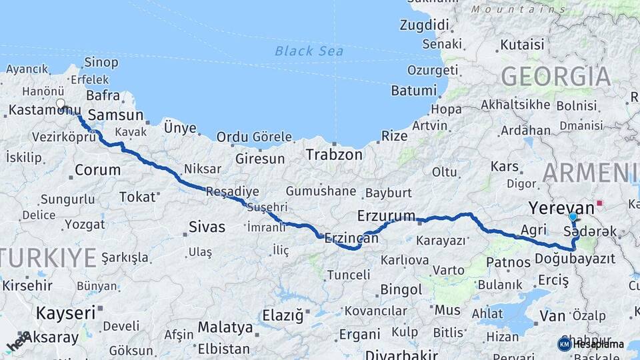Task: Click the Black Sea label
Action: (x=309, y=51)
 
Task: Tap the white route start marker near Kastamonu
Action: (x=61, y=104)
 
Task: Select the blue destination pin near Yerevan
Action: (x=573, y=217)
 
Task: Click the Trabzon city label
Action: (x=334, y=155)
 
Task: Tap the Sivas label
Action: (x=207, y=227)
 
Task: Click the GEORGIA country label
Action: (x=555, y=76)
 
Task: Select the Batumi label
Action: (x=413, y=90)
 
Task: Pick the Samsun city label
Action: (x=115, y=115)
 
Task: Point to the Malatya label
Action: (x=225, y=328)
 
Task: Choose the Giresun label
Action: (x=259, y=159)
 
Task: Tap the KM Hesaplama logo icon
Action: (x=564, y=344)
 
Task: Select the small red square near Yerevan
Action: (x=600, y=203)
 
